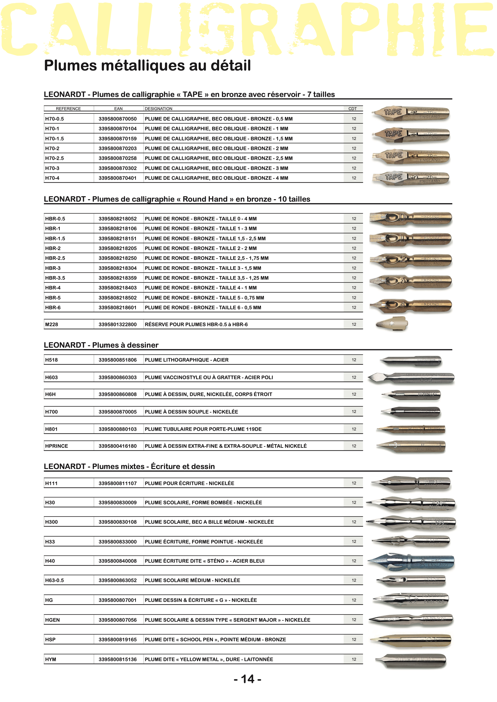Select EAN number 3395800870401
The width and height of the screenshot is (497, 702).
pyautogui.click(x=117, y=178)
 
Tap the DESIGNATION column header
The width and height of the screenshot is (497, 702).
pyautogui.click(x=159, y=109)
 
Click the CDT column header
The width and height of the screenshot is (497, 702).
pyautogui.click(x=352, y=109)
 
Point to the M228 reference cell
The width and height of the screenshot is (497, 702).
pyautogui.click(x=52, y=324)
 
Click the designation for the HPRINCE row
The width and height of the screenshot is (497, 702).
pyautogui.click(x=225, y=446)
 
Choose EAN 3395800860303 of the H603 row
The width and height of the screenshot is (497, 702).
pyautogui.click(x=117, y=377)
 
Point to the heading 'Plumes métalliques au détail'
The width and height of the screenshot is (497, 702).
pyautogui.click(x=147, y=65)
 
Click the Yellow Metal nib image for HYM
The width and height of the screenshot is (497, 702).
pyautogui.click(x=411, y=660)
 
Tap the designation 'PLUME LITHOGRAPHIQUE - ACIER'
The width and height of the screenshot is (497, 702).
pyautogui.click(x=187, y=360)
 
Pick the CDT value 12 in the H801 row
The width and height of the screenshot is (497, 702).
pyautogui.click(x=354, y=429)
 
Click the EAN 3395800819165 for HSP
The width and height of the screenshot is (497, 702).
pyautogui.click(x=117, y=640)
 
